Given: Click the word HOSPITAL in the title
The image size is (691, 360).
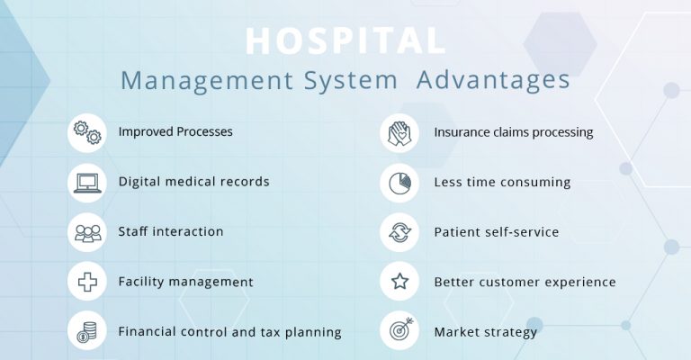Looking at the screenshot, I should [345, 41].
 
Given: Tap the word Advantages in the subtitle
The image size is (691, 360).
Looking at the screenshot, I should [493, 79].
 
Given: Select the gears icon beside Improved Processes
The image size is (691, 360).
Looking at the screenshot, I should [86, 132].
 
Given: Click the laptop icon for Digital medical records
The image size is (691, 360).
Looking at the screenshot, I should [86, 182].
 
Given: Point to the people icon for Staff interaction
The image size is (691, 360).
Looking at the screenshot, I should [86, 232].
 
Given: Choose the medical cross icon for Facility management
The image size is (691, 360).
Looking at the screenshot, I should [86, 283].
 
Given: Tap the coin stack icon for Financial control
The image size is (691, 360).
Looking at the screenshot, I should [86, 332].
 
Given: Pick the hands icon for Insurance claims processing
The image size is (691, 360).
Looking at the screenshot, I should [399, 132].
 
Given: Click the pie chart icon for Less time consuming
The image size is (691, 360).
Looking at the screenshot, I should [399, 182].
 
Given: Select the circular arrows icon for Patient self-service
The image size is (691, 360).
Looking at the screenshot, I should [399, 232].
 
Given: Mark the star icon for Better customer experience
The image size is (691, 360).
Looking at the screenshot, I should [399, 283].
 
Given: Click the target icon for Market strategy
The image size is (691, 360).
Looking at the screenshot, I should [399, 332].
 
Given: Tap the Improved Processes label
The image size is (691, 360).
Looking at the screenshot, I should [175, 132].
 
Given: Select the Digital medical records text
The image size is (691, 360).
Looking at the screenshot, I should [193, 182].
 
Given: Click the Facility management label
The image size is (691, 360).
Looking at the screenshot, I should [185, 283].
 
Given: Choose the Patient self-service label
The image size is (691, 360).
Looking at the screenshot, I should [496, 232].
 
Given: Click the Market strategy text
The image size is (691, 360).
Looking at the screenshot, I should [485, 332].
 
